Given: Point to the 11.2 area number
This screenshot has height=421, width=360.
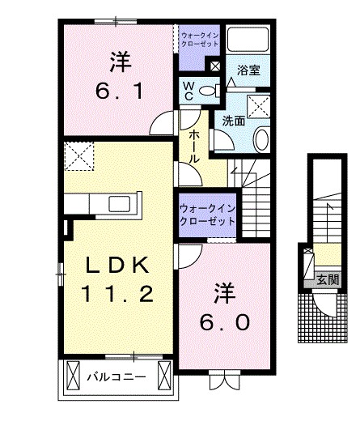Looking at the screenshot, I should [116, 295].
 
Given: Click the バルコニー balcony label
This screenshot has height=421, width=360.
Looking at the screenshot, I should [116, 377].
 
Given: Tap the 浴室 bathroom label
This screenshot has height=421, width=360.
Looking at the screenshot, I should [248, 70].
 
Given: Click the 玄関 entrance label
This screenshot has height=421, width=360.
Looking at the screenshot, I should [328, 280].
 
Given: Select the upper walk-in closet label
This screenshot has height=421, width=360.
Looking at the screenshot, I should [200, 39].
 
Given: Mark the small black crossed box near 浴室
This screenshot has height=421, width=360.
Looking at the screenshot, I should [216, 66].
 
